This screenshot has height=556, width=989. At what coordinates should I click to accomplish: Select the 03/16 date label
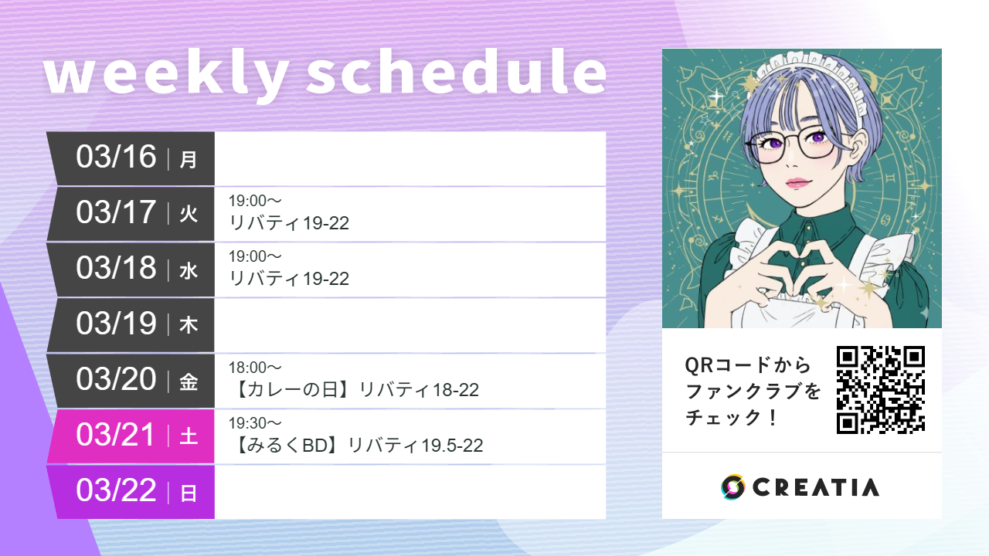point(116,157)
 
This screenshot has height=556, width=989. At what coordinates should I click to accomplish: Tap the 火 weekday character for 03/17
point(189,215)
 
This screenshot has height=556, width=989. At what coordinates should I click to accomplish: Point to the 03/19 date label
point(116,324)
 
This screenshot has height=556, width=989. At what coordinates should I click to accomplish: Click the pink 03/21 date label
point(116,435)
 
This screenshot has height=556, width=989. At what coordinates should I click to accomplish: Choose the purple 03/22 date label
point(116,490)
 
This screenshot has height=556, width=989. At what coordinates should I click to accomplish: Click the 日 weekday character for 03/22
point(189,493)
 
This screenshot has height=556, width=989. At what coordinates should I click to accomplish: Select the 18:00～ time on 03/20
point(255,368)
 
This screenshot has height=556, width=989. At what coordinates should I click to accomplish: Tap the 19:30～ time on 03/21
point(255,423)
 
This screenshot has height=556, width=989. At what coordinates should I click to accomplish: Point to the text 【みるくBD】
point(287,446)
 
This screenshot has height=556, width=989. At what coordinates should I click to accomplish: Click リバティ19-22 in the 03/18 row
point(289,279)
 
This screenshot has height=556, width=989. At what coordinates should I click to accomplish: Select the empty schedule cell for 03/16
point(410,158)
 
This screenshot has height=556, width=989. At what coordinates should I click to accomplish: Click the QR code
point(881,389)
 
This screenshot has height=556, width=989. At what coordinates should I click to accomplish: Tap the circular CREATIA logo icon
point(732,487)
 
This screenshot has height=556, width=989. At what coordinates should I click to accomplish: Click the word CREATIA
point(815,487)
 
